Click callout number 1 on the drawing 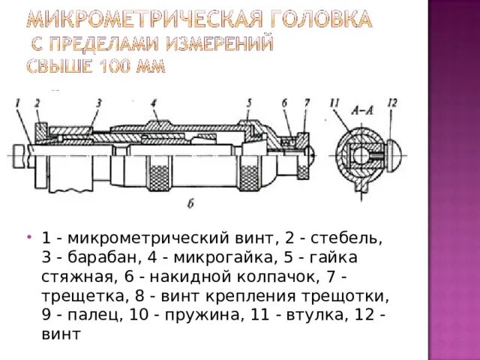(16, 102)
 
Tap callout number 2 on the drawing (36, 102)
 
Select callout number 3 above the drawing (97, 102)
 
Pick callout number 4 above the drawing (153, 102)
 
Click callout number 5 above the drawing (249, 102)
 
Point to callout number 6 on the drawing (285, 102)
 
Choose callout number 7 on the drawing (306, 102)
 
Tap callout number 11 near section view (334, 102)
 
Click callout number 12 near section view (391, 102)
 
